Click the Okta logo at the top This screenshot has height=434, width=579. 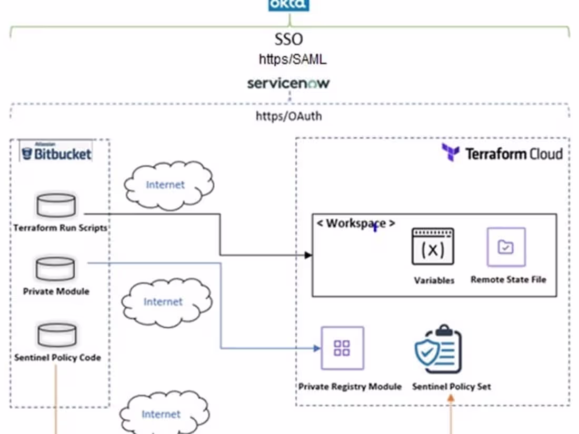[x=288, y=5]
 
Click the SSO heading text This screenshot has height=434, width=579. [x=289, y=39]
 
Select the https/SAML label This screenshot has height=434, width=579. [x=292, y=59]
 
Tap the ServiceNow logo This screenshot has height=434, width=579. [x=288, y=84]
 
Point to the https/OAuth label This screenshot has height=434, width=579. [x=288, y=116]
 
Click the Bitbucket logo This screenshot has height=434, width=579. [x=56, y=154]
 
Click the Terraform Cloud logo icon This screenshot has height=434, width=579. [x=451, y=153]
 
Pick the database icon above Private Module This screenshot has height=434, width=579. [x=55, y=269]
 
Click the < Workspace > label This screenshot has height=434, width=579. [x=355, y=223]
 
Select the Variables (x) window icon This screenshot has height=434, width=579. [x=433, y=246]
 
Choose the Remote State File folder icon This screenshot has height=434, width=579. [x=506, y=247]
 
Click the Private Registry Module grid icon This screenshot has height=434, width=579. [x=342, y=348]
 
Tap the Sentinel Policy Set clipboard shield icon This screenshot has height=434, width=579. [x=438, y=350]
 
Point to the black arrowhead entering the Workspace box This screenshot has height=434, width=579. [x=309, y=255]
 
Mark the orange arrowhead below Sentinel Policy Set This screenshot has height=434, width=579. [x=451, y=398]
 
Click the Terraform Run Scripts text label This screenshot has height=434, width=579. [x=60, y=228]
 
